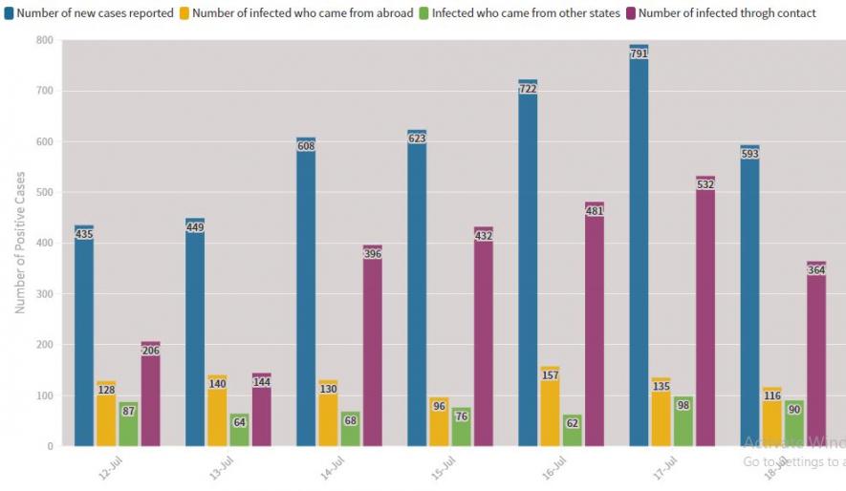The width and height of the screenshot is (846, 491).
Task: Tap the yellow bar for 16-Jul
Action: (550, 406)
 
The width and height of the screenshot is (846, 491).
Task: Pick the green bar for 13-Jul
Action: (239, 430)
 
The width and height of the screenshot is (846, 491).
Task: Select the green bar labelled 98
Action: (683, 421)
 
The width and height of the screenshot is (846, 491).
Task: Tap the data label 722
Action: (528, 89)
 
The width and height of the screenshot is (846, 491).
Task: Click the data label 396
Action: (372, 254)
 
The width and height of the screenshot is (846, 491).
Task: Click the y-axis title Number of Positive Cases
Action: (20, 243)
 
